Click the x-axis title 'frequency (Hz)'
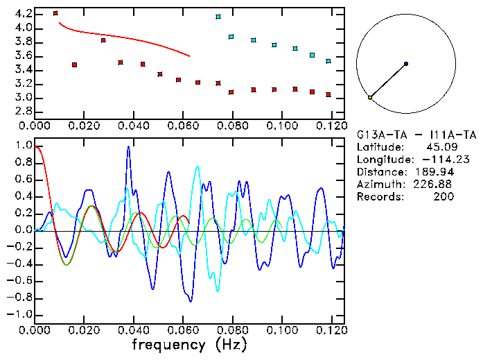coord(188,344)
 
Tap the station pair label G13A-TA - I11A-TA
coord(406,135)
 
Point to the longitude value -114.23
coord(434,160)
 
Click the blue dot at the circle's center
coord(405,64)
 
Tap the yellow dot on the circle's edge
coord(370,98)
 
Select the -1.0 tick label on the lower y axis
coord(20,314)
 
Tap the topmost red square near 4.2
coord(55,13)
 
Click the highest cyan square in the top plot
coord(218,17)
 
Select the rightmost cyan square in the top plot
coord(328,61)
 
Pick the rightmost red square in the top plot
coord(328,94)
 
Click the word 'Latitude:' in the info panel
coord(379,147)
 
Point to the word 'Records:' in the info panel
coord(379,197)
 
